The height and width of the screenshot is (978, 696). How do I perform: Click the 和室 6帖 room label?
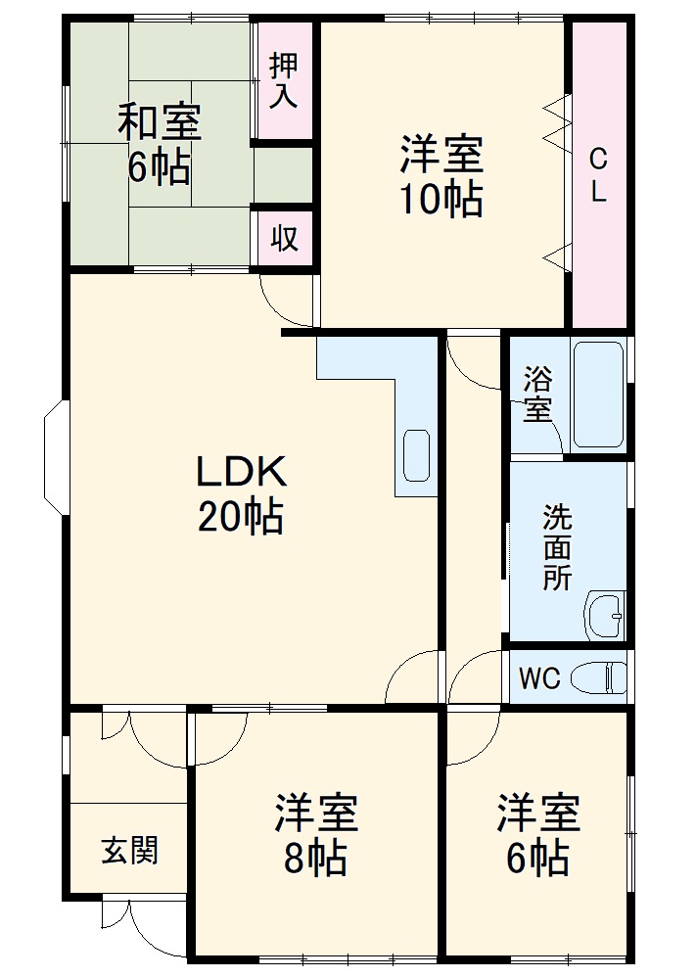159,144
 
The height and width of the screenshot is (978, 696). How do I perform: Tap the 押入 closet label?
285,80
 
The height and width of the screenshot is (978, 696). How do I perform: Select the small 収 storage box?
285,237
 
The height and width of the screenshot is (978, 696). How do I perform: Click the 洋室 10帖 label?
441,177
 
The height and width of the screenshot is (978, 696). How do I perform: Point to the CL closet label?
598,175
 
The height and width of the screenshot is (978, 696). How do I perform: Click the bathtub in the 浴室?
598,395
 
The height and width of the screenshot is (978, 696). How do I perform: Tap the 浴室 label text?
536,395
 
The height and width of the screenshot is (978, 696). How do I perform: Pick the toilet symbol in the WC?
599,677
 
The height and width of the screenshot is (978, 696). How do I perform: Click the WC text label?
538,678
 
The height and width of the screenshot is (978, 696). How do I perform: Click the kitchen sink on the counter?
416,454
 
